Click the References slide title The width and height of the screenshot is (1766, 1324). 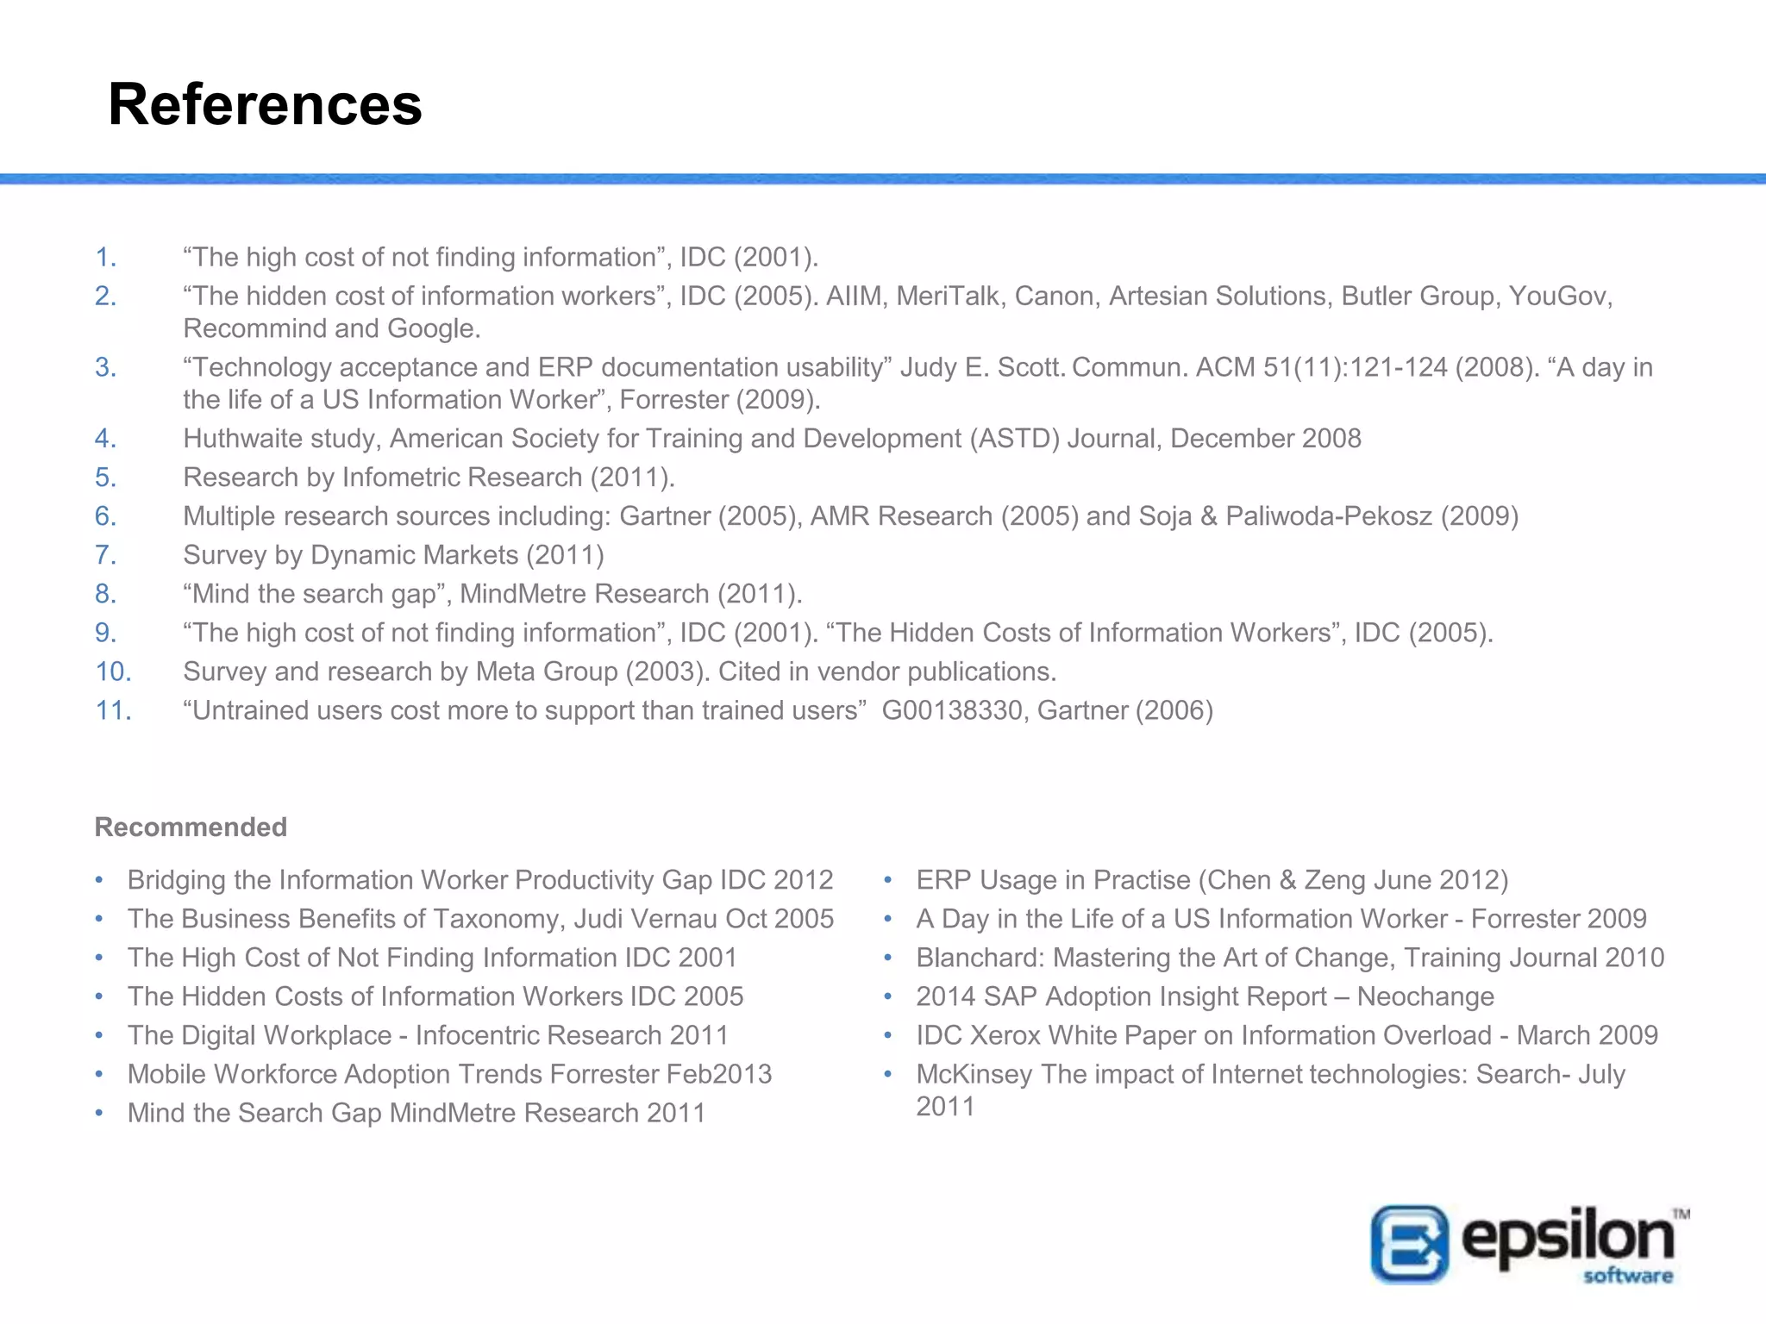265,104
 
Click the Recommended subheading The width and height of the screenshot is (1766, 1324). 191,827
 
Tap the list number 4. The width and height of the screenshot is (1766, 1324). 105,438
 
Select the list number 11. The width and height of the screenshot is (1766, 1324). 113,710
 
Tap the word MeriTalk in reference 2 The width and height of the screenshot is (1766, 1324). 947,296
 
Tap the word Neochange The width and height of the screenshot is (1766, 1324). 1425,996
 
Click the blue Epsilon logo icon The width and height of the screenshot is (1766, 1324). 1409,1244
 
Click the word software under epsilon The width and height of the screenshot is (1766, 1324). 1627,1276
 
